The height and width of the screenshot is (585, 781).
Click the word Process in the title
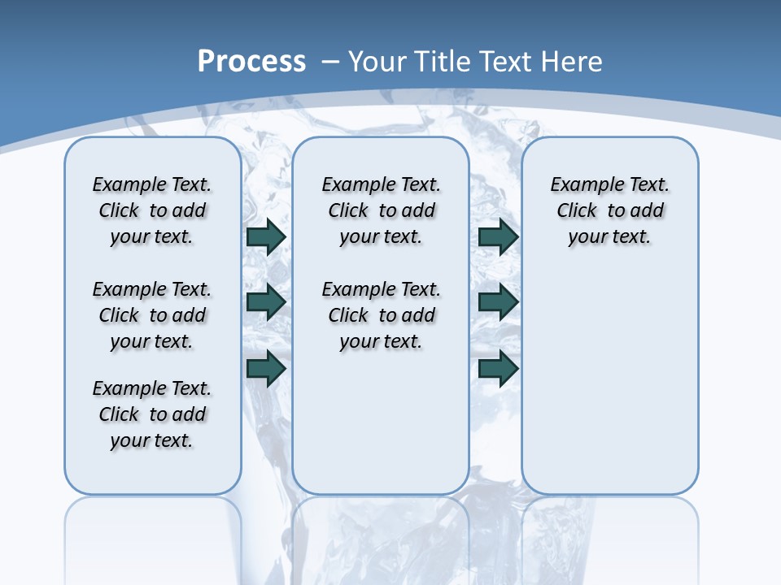coord(251,61)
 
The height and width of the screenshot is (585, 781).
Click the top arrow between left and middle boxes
coord(266,236)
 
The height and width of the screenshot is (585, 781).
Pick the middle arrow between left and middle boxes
coord(266,302)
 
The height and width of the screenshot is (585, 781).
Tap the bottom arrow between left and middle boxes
coord(266,368)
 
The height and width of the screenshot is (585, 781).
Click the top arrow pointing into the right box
coord(498,236)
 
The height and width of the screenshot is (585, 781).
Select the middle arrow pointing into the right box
coord(498,302)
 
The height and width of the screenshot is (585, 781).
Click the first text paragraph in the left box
coord(152,210)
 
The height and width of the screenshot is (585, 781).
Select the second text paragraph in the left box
coord(152,315)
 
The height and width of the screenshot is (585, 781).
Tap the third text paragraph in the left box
coord(152,414)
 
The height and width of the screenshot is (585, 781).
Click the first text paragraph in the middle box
coord(381,210)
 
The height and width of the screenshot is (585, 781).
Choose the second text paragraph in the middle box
coord(381,315)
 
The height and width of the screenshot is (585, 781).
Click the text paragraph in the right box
coord(609,210)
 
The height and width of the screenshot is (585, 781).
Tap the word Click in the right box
coord(577,210)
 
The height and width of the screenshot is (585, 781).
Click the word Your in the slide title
coord(377,61)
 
